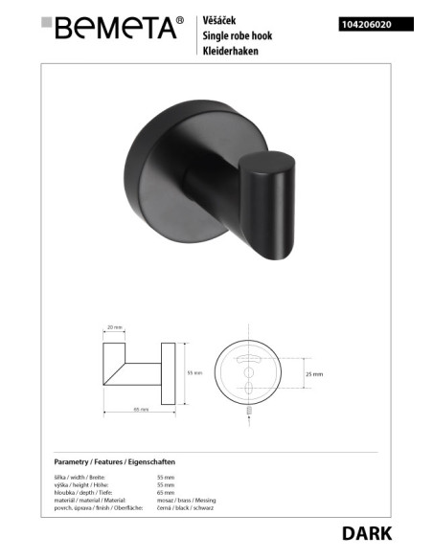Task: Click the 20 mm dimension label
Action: pos(116,327)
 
